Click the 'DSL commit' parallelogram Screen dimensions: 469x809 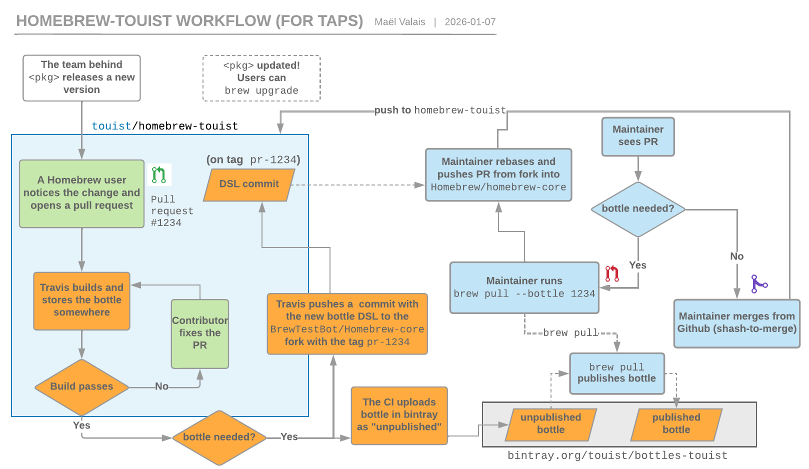(x=249, y=184)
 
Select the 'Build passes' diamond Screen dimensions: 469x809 (x=81, y=386)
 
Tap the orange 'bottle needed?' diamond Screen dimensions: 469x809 (x=219, y=437)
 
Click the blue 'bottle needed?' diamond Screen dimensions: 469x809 (x=637, y=209)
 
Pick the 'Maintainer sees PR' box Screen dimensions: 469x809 (x=637, y=136)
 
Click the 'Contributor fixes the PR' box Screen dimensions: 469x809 (x=199, y=333)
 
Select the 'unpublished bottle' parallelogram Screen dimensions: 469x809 (x=550, y=424)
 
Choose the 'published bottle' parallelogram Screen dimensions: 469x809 (x=676, y=424)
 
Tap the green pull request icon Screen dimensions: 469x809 (x=159, y=174)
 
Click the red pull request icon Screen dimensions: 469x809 (x=612, y=273)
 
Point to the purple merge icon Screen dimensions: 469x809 (x=759, y=284)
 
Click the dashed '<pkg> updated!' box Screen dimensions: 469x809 (x=261, y=78)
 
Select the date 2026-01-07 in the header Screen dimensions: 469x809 (x=470, y=22)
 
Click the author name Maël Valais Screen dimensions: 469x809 (x=399, y=22)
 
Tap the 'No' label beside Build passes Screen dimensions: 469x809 (x=161, y=386)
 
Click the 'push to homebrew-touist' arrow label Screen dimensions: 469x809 (x=440, y=110)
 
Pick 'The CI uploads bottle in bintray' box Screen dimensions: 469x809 (x=399, y=415)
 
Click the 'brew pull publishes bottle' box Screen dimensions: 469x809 (x=616, y=373)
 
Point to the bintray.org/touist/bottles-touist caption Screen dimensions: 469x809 (x=617, y=455)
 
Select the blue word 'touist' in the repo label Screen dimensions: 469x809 (x=111, y=126)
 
